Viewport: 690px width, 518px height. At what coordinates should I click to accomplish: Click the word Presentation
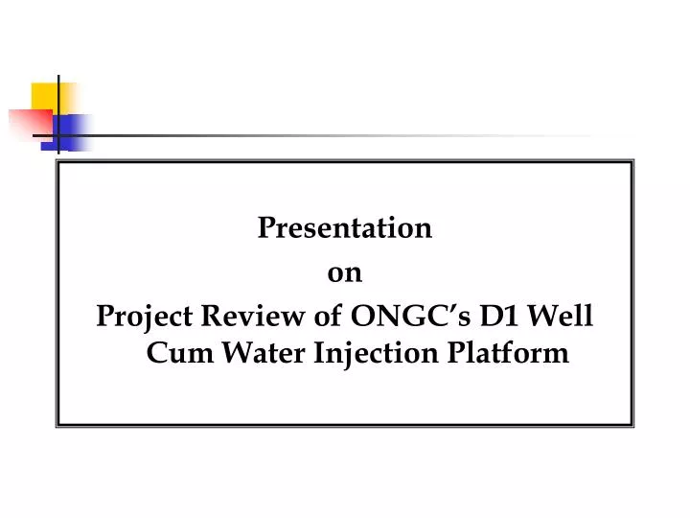[345, 229]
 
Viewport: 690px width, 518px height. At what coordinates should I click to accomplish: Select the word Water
[264, 354]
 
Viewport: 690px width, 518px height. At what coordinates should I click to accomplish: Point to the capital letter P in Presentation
[265, 229]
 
